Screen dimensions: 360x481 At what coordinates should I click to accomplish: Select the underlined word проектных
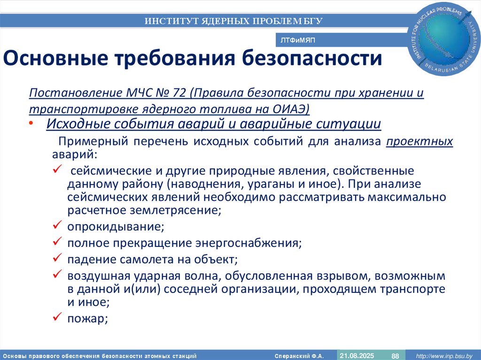(x=419, y=142)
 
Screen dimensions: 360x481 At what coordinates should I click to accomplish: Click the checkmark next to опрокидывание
(x=56, y=226)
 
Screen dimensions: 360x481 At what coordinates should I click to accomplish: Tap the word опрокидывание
(x=116, y=227)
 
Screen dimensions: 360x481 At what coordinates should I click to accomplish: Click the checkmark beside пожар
(x=56, y=318)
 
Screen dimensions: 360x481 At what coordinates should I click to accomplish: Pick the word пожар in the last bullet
(x=88, y=319)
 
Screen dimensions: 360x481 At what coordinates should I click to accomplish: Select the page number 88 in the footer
(x=395, y=355)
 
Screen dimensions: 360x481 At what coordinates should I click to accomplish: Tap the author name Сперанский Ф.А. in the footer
(x=303, y=356)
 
